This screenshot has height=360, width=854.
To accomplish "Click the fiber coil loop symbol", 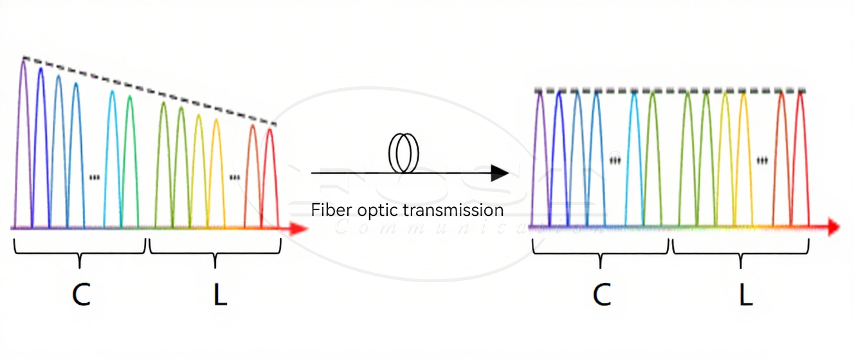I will tap(403, 154).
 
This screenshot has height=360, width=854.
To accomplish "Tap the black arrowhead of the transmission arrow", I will tap(500, 173).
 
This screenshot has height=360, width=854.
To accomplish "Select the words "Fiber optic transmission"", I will tap(407, 210).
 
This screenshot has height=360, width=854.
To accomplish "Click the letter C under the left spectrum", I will tap(81, 294).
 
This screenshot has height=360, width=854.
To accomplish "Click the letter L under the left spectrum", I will tap(220, 294).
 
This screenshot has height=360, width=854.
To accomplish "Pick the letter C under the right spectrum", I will tap(601, 294).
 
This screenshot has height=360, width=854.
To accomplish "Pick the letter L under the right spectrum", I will tap(745, 294).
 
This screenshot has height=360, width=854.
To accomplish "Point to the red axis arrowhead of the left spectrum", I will tap(298, 228).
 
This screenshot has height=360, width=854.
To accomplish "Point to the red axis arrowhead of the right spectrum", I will tap(833, 227).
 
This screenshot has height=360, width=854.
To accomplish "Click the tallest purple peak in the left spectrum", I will tap(24, 129).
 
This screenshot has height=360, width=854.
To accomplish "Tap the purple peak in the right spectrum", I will tap(541, 148).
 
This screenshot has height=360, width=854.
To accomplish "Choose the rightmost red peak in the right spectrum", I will tap(801, 148).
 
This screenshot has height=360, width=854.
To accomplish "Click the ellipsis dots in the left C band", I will tap(95, 177).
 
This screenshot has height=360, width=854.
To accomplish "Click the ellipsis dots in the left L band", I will tap(235, 177).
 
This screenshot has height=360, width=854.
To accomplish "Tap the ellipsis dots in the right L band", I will tap(763, 160).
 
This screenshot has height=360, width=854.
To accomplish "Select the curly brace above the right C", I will tap(601, 253).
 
